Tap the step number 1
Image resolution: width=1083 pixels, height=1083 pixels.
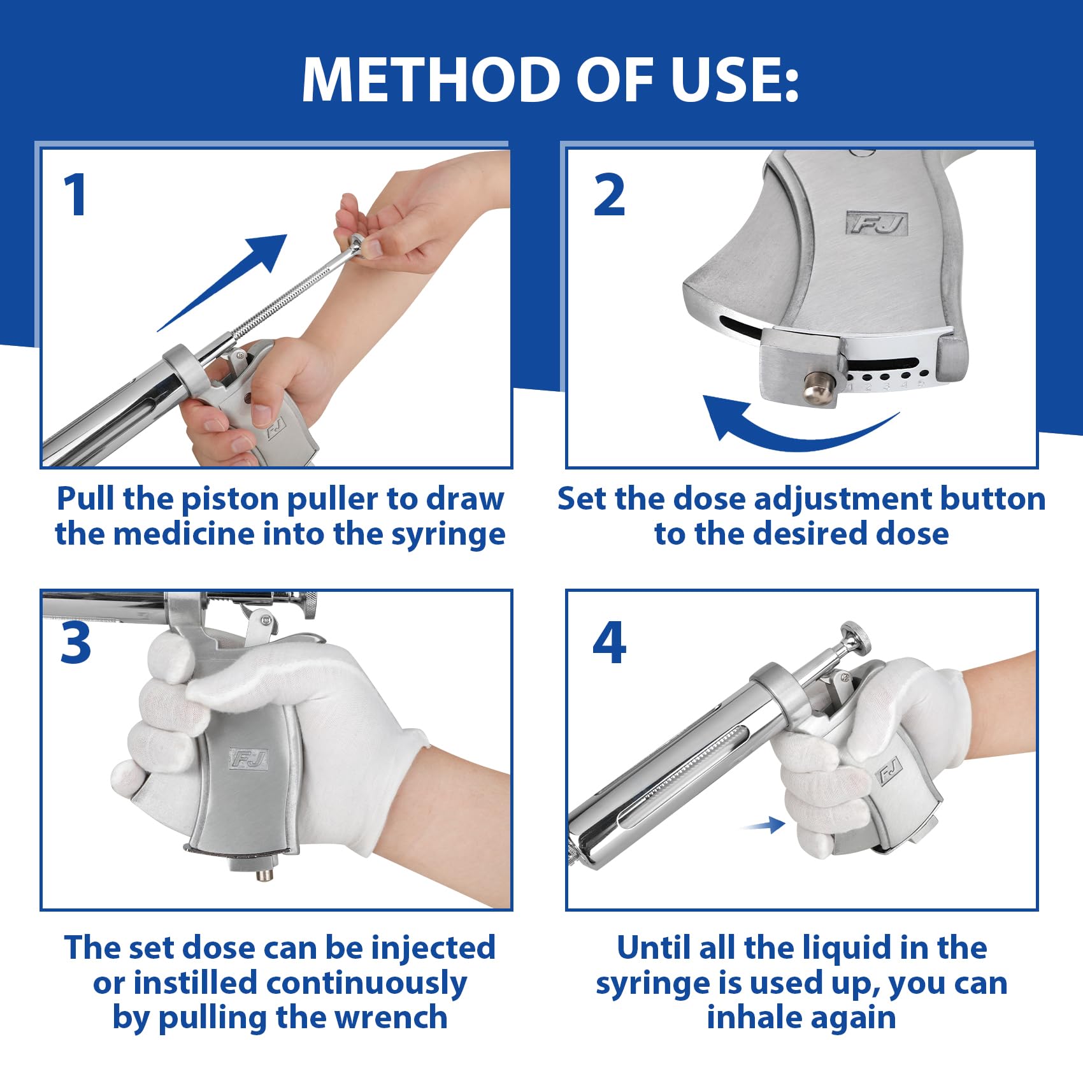pos(75,194)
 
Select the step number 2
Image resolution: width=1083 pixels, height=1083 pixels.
pos(609,195)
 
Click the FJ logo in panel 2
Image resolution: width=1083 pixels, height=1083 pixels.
pos(877,223)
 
